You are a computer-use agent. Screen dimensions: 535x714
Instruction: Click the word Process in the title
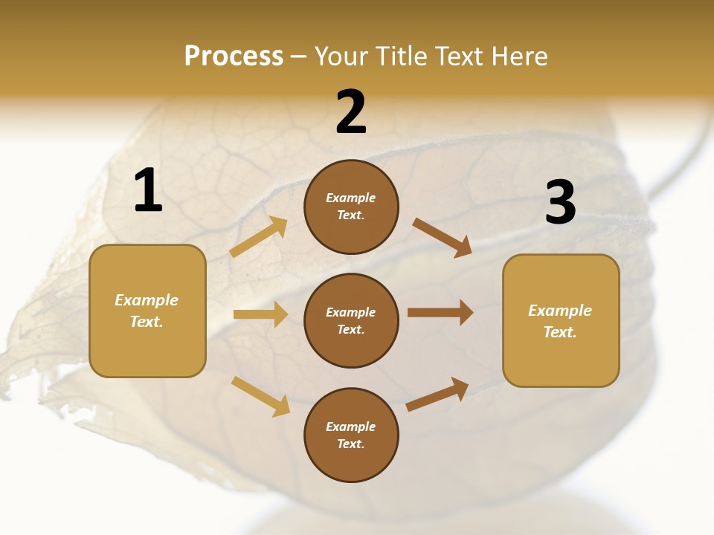[x=234, y=56]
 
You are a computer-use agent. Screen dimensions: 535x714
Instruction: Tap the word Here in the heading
[x=516, y=56]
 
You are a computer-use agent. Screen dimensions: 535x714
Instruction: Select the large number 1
[x=148, y=190]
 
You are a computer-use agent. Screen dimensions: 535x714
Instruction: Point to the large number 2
[x=351, y=112]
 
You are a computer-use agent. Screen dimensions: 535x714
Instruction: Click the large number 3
[x=560, y=202]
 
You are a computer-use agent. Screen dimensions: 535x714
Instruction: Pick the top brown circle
[x=351, y=207]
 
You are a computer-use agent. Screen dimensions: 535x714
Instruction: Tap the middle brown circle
[x=351, y=320]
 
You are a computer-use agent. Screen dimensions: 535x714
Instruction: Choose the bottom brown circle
[x=351, y=435]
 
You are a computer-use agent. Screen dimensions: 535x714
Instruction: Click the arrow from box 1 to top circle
[x=258, y=238]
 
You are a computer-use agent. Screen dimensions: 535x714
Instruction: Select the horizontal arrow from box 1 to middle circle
[x=260, y=314]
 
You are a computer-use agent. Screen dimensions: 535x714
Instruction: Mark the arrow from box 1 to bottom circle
[x=260, y=396]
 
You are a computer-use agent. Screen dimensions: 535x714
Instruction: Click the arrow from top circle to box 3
[x=442, y=237]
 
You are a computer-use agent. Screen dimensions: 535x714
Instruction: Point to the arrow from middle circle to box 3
[x=440, y=312]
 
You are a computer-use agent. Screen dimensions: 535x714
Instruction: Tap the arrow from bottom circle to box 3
[x=437, y=395]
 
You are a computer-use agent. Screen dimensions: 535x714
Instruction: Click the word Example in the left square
[x=147, y=300]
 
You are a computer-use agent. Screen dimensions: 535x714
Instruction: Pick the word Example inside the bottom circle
[x=351, y=427]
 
